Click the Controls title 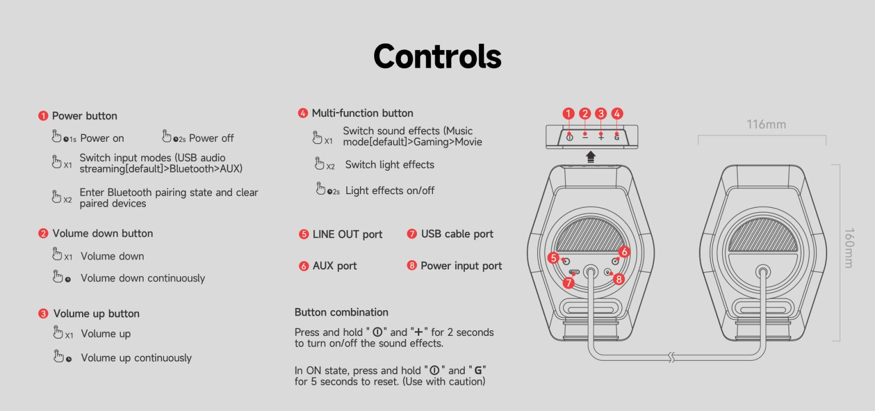[x=437, y=56]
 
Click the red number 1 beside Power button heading [x=43, y=116]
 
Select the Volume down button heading [x=103, y=233]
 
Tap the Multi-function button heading [x=362, y=113]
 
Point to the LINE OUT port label [x=347, y=235]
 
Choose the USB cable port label [x=457, y=234]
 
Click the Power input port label [x=461, y=266]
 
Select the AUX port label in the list [x=334, y=266]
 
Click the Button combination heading [x=341, y=312]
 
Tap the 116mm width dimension [x=766, y=124]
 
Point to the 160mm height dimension [x=848, y=248]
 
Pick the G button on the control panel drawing [x=617, y=137]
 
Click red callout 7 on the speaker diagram [x=568, y=282]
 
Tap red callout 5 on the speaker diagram [x=553, y=258]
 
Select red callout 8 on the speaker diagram [x=619, y=279]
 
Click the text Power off [x=211, y=138]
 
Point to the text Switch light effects [x=390, y=165]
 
